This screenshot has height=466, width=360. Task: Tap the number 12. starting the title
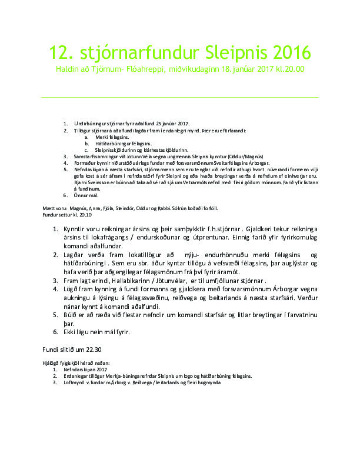[x=60, y=53]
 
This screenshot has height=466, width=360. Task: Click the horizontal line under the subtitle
[x=179, y=97]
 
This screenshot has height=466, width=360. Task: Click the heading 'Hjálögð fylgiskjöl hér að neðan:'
[x=76, y=363]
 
